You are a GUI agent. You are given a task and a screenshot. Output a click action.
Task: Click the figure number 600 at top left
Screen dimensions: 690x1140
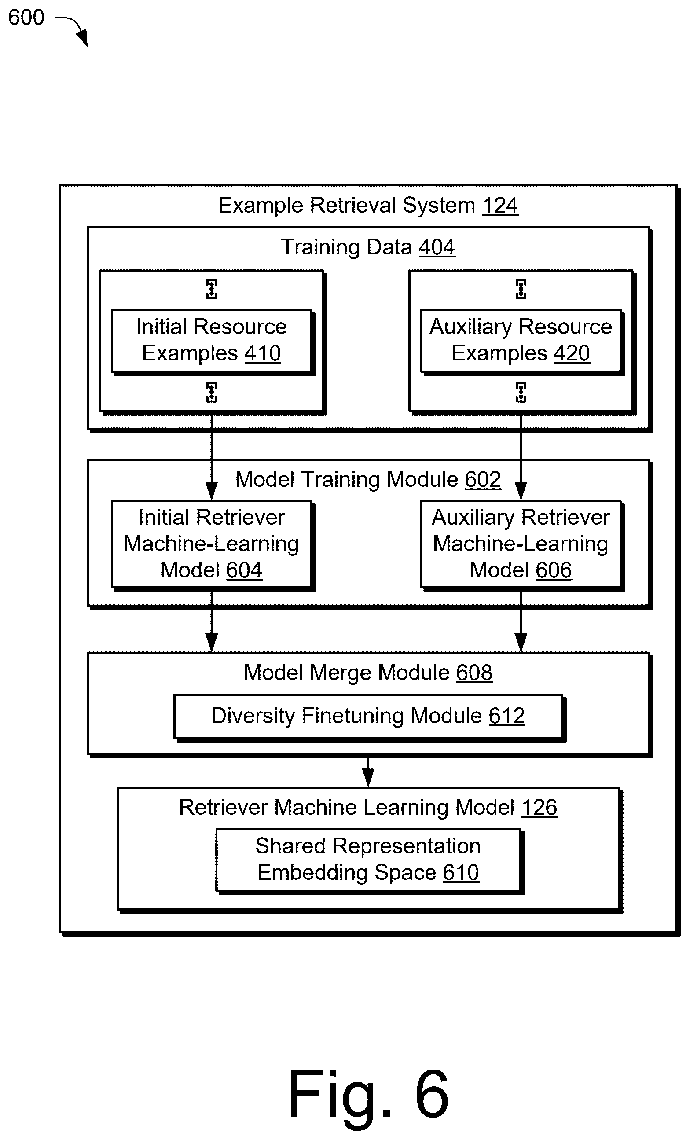coord(26,18)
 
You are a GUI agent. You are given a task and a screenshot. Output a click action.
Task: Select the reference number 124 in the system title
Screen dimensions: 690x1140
coord(500,205)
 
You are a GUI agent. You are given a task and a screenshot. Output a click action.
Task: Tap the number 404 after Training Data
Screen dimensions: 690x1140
coord(437,247)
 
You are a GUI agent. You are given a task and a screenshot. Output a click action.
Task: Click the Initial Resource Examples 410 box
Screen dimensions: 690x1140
coord(211,340)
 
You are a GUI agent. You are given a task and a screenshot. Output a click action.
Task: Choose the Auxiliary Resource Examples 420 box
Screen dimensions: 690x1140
coord(521,340)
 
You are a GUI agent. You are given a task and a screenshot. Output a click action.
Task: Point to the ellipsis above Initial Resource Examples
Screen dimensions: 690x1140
coord(211,289)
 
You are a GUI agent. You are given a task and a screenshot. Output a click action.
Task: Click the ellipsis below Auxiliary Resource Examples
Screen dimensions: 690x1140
coord(521,392)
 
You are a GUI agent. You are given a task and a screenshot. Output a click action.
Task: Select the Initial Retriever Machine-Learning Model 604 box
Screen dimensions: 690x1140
coord(211,544)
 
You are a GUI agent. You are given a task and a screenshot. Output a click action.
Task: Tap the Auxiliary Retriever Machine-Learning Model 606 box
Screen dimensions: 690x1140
coord(521,544)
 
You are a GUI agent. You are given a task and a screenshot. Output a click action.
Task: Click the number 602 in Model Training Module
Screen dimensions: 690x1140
coord(483,479)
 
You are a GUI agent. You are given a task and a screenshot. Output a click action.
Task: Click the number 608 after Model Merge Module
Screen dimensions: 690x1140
coord(474,673)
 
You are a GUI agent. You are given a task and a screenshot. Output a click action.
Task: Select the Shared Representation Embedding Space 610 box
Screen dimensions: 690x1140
coord(368,860)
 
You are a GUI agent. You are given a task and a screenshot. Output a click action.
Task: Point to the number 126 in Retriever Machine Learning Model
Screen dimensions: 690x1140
coord(539,807)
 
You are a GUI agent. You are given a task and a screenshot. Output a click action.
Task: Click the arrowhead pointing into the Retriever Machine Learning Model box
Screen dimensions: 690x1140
coord(368,778)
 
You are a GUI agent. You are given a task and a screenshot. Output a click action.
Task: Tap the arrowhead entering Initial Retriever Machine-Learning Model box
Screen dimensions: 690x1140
coord(211,491)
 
